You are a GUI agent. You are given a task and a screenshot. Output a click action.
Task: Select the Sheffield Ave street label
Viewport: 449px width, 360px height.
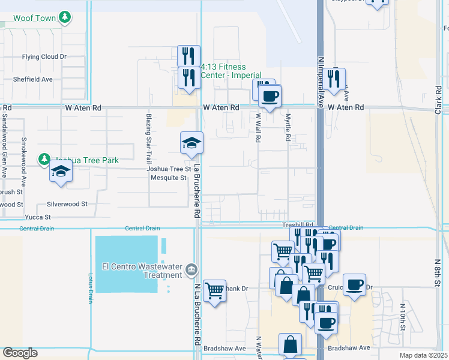[33, 79]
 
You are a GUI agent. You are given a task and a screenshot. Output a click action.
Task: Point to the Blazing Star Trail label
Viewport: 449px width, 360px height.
[148, 139]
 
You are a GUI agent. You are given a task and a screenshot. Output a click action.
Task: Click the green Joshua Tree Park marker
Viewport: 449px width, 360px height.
[44, 160]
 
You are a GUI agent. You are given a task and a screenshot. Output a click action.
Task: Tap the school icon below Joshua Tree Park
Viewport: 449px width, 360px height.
[61, 172]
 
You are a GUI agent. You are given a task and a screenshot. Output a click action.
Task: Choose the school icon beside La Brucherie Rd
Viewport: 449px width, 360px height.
[191, 143]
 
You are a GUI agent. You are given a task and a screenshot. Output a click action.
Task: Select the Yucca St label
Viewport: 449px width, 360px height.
[38, 217]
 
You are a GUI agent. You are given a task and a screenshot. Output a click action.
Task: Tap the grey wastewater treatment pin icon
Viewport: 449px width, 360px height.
[191, 268]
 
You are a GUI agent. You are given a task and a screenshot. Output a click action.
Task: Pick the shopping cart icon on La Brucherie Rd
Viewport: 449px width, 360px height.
[214, 291]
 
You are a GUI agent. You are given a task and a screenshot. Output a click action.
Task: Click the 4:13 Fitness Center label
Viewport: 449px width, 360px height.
[231, 71]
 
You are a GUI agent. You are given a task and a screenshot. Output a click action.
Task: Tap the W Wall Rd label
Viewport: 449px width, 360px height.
[258, 128]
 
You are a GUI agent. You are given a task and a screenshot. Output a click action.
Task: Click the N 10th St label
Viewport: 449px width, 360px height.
[403, 317]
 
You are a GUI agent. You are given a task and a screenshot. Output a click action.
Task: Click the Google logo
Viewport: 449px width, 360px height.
[20, 353]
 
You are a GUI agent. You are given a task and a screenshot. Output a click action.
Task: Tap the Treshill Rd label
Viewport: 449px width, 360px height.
[298, 224]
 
